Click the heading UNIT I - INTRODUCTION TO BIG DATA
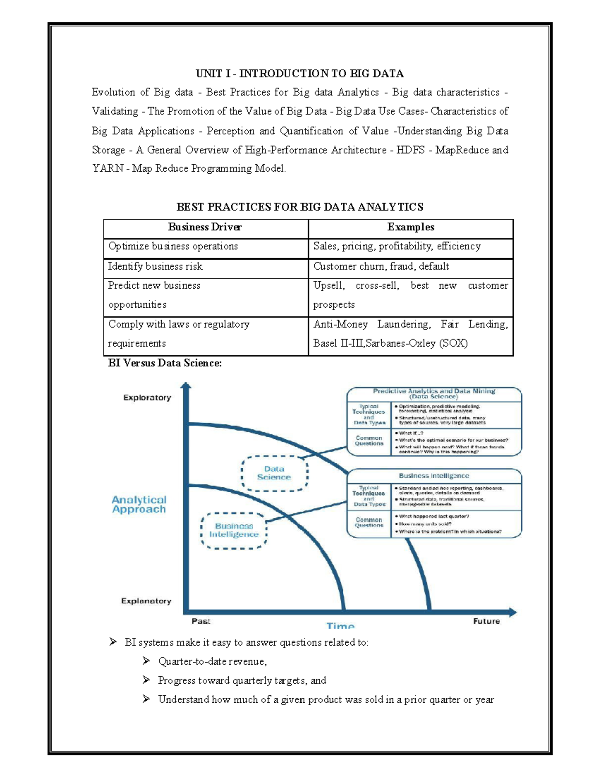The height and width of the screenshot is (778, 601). [x=299, y=74]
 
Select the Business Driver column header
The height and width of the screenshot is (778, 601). [x=205, y=227]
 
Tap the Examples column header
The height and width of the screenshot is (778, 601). [x=411, y=227]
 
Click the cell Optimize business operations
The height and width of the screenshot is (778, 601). [x=173, y=246]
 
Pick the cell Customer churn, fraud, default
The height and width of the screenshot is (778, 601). [x=381, y=266]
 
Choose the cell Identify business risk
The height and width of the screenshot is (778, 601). [x=155, y=266]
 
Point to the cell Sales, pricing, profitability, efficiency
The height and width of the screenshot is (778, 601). [x=397, y=246]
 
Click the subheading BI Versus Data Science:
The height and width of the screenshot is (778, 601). [x=165, y=363]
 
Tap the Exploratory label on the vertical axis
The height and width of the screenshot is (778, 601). [x=147, y=398]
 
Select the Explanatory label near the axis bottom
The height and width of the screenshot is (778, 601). [x=146, y=601]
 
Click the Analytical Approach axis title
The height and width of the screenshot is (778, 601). [x=139, y=504]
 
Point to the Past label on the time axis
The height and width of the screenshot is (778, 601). [x=201, y=621]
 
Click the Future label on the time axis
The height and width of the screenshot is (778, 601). [x=486, y=621]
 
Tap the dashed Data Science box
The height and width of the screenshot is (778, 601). [x=274, y=473]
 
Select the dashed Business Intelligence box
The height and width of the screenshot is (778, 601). [x=234, y=530]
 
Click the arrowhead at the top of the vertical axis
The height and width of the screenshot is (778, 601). [x=186, y=386]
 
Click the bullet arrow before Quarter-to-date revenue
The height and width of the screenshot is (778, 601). [x=146, y=661]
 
